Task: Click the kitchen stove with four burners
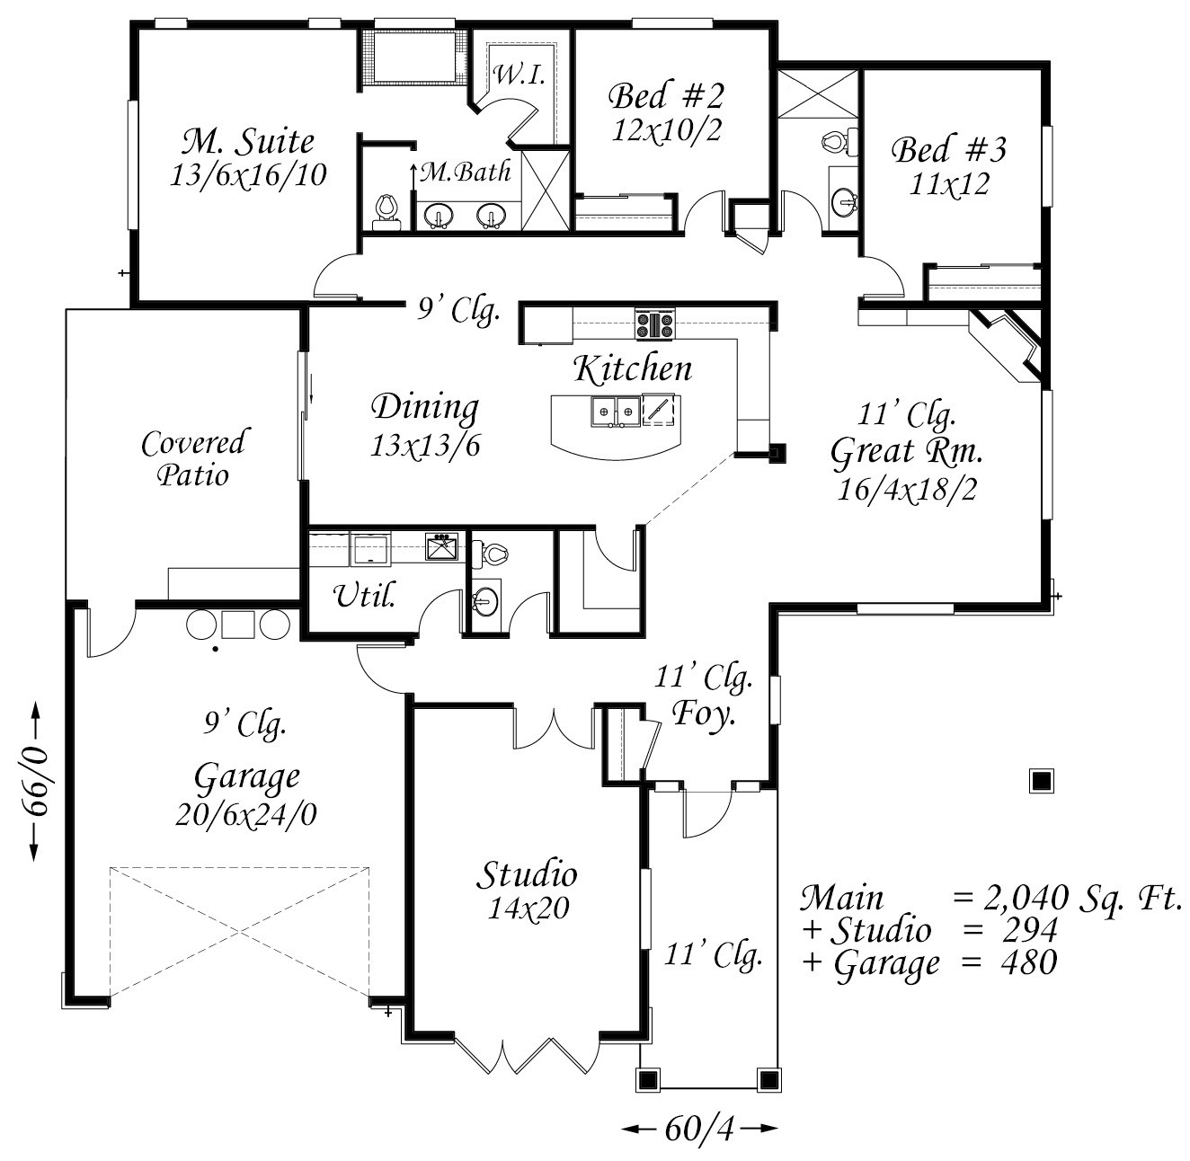coord(655,324)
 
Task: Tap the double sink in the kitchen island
coord(615,411)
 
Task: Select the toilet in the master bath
coord(386,211)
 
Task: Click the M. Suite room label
coord(248,142)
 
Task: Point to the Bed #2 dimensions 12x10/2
coord(667,129)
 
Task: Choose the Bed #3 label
coord(948,150)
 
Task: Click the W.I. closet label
coord(520,75)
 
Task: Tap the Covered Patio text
coord(193,458)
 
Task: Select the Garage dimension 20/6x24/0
coord(246,814)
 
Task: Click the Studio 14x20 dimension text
coord(528,909)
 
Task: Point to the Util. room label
coord(364,595)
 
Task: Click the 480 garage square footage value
coord(1029,962)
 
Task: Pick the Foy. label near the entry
coord(703,713)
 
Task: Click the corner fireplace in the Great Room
coord(1006,345)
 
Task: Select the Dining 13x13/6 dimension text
coord(425,446)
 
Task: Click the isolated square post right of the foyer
coord(1042,781)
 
